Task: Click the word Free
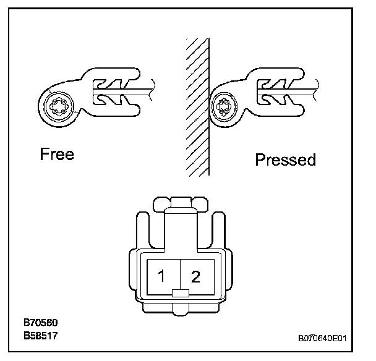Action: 57,153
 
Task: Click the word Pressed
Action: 285,160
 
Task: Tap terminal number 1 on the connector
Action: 161,276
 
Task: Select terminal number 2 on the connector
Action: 196,276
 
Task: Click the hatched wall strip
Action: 197,105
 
